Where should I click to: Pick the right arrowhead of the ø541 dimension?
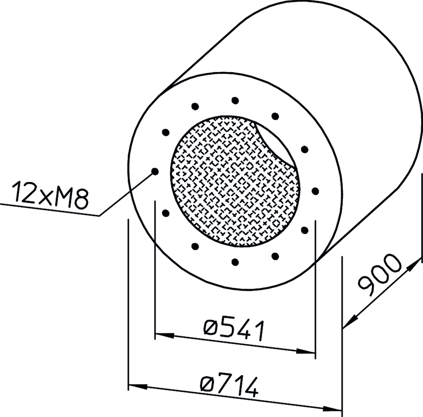pos(306,351)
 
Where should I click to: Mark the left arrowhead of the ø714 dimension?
pos(138,386)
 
